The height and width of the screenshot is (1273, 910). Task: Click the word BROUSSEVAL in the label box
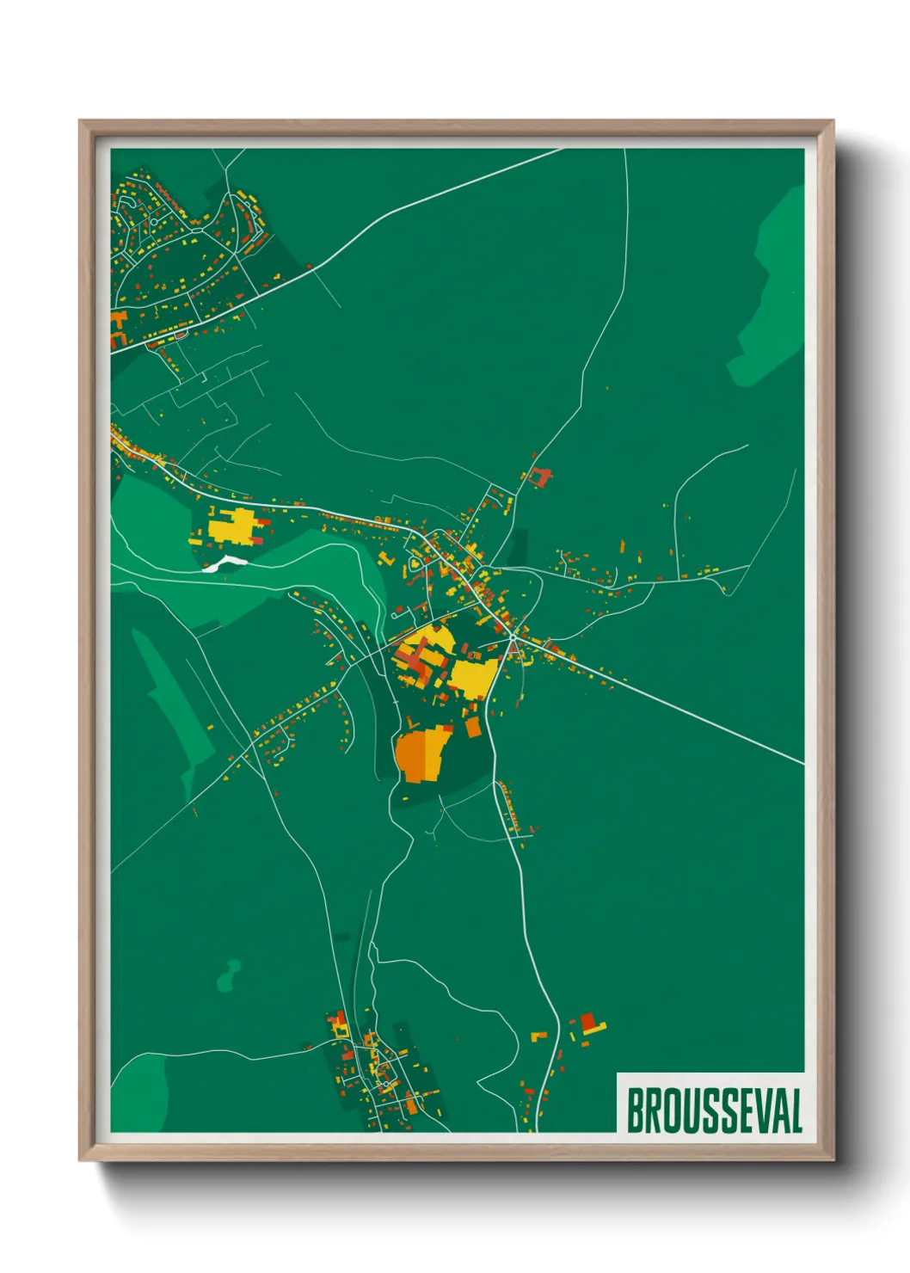coord(714,1110)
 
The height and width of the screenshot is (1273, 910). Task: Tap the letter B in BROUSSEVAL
coord(636,1110)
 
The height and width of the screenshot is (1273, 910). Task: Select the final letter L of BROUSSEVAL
coord(796,1110)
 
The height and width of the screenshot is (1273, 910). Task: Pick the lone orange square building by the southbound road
coord(472,727)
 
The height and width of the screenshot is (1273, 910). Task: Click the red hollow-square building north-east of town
coord(541,477)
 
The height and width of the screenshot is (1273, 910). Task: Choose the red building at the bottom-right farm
coord(589,1021)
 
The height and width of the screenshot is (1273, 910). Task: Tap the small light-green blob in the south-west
coord(229,976)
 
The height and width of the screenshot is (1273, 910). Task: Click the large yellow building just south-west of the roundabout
coord(473,678)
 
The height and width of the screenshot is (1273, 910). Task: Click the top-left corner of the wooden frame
coord(80,121)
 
